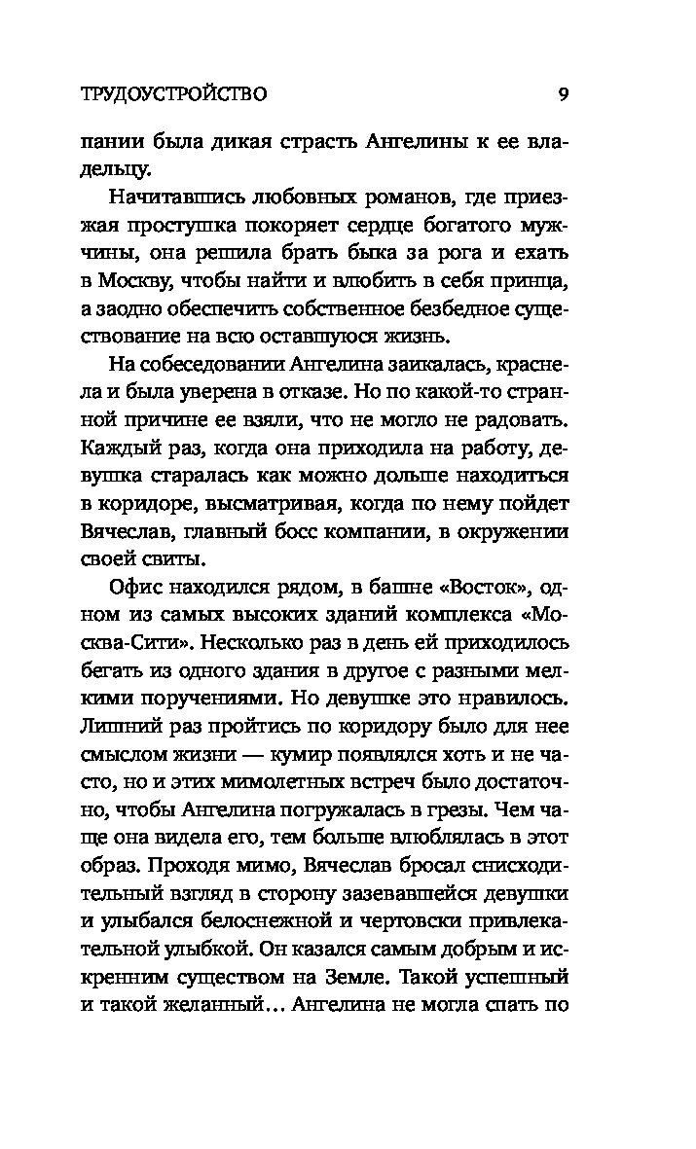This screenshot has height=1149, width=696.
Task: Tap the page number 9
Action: (x=564, y=94)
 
